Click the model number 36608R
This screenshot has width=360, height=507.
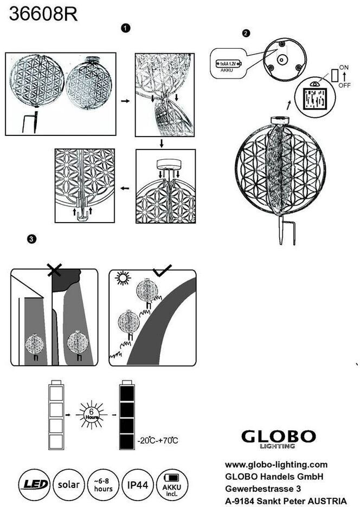tap(43, 14)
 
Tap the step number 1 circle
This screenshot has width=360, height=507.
tap(126, 27)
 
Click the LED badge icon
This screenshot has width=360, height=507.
tap(35, 483)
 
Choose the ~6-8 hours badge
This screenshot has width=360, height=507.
tap(103, 483)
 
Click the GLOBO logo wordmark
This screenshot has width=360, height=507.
tap(278, 437)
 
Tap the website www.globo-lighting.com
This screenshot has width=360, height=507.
tap(276, 465)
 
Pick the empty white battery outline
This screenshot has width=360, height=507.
tap(56, 414)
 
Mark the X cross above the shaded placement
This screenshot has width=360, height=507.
tap(54, 269)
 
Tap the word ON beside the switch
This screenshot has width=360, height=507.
tap(344, 67)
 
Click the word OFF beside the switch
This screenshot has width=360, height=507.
tap(344, 85)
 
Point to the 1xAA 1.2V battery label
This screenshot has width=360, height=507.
tap(227, 63)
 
